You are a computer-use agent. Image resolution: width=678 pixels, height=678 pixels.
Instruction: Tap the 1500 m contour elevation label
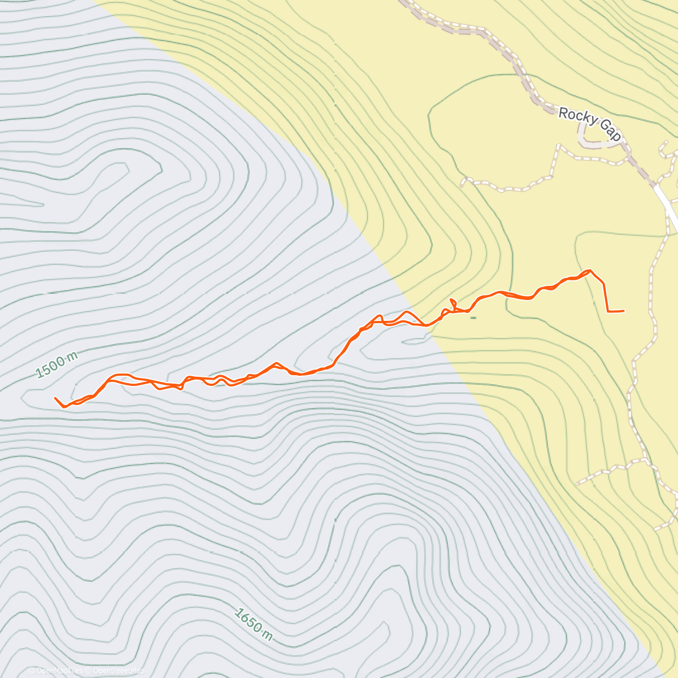56,365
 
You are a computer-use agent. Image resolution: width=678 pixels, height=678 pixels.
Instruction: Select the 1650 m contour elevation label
254,624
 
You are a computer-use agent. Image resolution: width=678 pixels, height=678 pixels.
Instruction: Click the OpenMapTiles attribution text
59,671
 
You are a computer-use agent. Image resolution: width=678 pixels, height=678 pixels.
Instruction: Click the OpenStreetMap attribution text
118,671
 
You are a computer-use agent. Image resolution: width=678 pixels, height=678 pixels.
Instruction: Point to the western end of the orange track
55,398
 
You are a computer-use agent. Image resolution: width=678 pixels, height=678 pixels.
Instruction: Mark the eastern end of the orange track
623,311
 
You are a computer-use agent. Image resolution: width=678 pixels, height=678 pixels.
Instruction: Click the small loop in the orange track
453,303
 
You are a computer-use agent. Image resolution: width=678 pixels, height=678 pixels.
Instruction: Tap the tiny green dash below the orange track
473,318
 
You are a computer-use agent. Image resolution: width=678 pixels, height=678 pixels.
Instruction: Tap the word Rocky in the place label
577,117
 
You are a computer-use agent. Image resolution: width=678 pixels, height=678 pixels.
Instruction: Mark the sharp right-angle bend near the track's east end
607,311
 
